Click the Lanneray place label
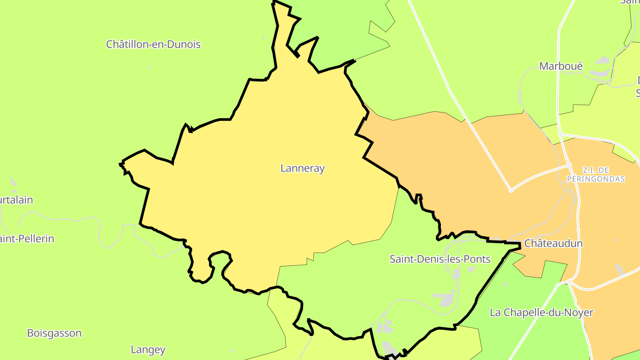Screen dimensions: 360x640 303,168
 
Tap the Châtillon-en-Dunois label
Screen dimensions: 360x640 153,44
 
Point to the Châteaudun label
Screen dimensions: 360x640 553,244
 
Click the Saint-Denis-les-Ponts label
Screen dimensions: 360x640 440,259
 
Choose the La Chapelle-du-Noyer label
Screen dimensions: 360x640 541,312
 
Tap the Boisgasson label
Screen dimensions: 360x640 54,333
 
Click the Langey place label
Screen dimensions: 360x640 148,350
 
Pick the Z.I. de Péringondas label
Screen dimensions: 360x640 596,175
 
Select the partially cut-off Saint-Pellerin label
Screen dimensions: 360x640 27,239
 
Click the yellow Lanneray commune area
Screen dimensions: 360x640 267,200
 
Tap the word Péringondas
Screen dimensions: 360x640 596,179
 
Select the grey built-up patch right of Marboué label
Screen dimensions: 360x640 603,60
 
